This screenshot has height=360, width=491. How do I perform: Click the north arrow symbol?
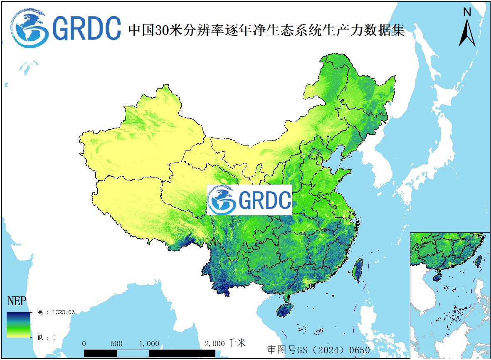click(x=467, y=33)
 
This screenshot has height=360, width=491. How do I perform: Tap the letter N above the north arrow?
click(x=467, y=12)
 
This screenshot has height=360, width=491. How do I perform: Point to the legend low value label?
click(x=46, y=337)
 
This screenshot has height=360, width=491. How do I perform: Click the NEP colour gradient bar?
click(x=18, y=324)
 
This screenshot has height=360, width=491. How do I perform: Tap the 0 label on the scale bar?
click(x=84, y=344)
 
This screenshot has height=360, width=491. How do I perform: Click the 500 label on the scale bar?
click(x=117, y=344)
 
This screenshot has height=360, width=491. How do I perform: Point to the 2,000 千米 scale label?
click(x=225, y=343)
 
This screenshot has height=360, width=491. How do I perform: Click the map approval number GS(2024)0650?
click(x=318, y=350)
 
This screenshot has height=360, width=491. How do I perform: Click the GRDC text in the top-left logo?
click(x=87, y=28)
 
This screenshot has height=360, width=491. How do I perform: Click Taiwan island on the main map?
click(x=358, y=270)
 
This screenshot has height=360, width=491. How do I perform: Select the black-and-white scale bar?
click(x=150, y=353)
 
